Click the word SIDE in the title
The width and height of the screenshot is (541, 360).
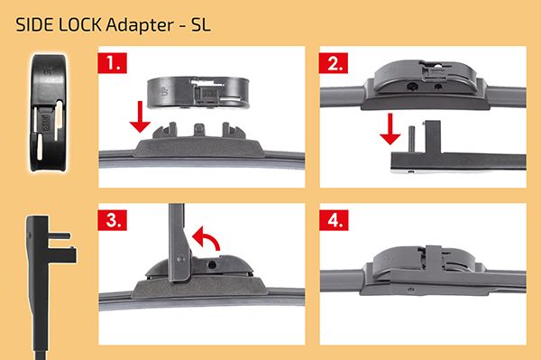(34, 25)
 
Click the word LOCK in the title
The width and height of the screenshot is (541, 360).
(79, 25)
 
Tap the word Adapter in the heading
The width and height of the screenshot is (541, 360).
(140, 25)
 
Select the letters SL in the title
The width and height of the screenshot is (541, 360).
(200, 25)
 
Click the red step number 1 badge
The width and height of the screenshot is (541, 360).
(112, 63)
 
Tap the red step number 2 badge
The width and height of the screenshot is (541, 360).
(334, 63)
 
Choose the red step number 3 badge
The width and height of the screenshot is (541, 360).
(112, 220)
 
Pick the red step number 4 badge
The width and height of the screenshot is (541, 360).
(334, 220)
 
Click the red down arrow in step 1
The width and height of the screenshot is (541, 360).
(140, 116)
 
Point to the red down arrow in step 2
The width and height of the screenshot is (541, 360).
(390, 129)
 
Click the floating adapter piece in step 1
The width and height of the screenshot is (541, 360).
(198, 92)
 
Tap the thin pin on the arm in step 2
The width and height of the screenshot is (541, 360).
(411, 139)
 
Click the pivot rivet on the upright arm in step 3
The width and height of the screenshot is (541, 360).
(180, 259)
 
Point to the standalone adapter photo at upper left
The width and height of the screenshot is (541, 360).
(50, 112)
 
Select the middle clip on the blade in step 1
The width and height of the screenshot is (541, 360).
(199, 129)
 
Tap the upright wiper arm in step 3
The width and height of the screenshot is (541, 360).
(179, 243)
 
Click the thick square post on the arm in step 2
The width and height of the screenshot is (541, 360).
(433, 137)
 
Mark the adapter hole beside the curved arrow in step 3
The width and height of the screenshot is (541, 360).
(212, 265)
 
